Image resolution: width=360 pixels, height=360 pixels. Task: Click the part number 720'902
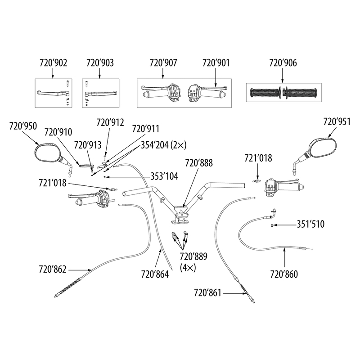pos(53,63)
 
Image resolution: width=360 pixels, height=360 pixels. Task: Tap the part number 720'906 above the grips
pos(283,63)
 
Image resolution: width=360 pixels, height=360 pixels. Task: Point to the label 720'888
pos(198,162)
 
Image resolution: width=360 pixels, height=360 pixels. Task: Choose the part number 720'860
pos(283,273)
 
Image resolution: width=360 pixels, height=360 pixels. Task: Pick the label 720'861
pos(207,293)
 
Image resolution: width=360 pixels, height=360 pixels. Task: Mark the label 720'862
pos(53,270)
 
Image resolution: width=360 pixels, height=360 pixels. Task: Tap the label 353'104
pos(164,177)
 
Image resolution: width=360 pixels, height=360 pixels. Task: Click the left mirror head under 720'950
pos(48,152)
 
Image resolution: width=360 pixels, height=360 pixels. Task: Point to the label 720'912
pos(110,121)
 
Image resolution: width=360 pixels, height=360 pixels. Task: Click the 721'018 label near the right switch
pos(257,158)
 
